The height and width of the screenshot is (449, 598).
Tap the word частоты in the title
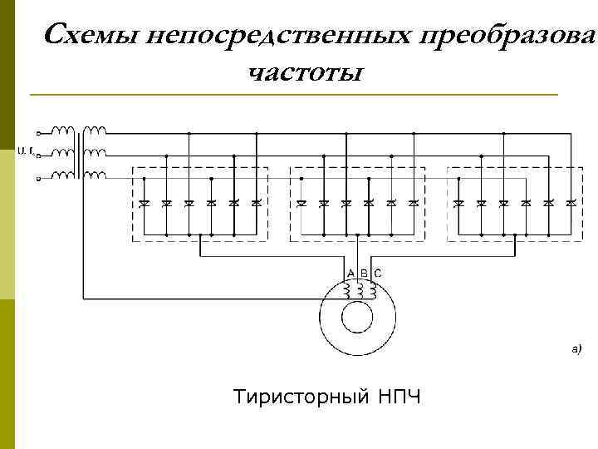tap(304, 73)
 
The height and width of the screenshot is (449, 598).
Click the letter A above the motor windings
tap(350, 273)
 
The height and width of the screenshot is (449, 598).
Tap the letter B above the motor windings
tap(364, 273)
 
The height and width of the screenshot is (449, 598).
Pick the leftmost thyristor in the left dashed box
tap(145, 203)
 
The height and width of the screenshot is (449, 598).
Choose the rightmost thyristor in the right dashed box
tap(571, 203)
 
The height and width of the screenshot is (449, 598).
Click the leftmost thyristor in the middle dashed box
tap(301, 203)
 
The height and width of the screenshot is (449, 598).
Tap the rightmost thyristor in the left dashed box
tap(257, 203)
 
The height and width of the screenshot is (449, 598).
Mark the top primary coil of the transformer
tap(63, 131)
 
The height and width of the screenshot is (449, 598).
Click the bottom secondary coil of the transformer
tap(96, 175)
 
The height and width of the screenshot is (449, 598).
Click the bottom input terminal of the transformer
tap(37, 178)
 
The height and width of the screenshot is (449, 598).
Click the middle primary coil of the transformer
tap(63, 152)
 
